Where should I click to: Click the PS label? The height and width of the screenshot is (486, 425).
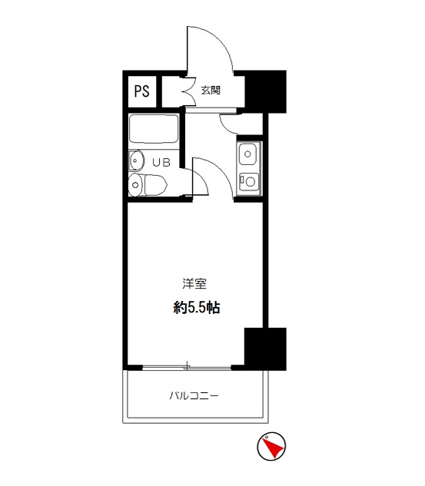[x=141, y=91]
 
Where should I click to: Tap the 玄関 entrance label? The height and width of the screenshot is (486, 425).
[x=211, y=90]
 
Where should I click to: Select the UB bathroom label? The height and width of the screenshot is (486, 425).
[x=161, y=162]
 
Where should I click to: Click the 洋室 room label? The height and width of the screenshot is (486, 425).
[x=194, y=283]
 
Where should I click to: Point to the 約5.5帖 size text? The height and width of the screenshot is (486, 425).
[x=197, y=307]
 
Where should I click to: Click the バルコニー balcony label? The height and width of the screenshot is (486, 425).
[x=194, y=395]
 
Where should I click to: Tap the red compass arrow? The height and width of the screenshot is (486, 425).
[x=274, y=446]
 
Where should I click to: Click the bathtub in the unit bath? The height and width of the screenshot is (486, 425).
[x=154, y=129]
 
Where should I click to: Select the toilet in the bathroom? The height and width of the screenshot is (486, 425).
[x=148, y=185]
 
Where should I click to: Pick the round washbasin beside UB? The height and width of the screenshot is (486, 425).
[x=136, y=160]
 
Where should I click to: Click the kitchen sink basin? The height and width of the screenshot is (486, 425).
[x=247, y=154]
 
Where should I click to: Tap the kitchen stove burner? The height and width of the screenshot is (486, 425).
[x=250, y=181]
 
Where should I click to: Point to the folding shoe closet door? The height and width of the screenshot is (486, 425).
[x=188, y=91]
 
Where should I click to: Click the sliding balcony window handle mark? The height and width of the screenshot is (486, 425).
[x=187, y=365]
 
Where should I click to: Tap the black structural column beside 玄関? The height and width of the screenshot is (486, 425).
[x=266, y=91]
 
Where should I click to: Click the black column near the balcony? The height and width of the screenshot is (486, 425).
[x=265, y=349]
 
